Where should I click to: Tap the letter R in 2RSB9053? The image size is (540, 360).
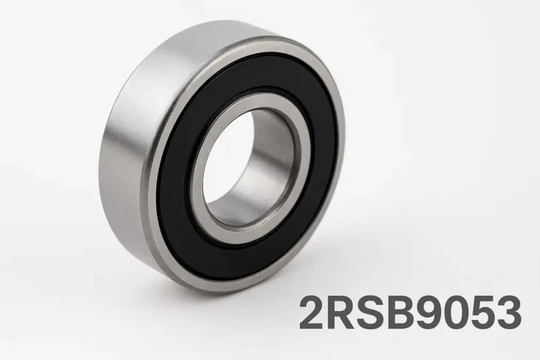[x=341, y=313]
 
